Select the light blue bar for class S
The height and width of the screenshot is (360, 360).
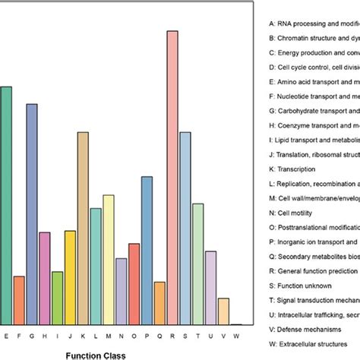185,228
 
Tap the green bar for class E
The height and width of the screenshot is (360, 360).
6,205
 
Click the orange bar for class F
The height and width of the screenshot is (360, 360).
19,300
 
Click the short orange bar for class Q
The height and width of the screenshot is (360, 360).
159,303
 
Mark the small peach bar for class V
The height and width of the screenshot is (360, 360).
223,311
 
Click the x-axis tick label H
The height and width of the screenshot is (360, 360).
45,334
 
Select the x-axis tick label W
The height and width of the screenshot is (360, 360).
236,334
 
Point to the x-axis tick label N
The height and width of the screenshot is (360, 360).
122,334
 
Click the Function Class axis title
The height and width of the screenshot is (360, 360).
96,353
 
